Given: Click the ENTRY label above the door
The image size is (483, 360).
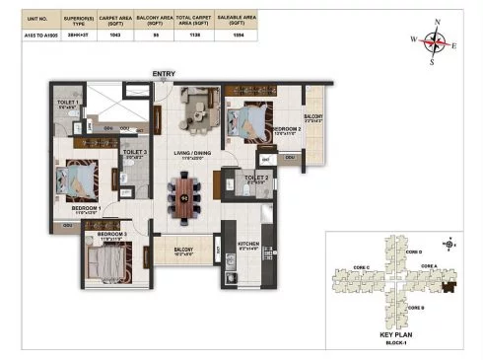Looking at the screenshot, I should click(x=163, y=74).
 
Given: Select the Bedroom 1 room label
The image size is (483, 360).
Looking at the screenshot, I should click(x=87, y=209).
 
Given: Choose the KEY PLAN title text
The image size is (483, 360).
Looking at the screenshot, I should click(x=397, y=335).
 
